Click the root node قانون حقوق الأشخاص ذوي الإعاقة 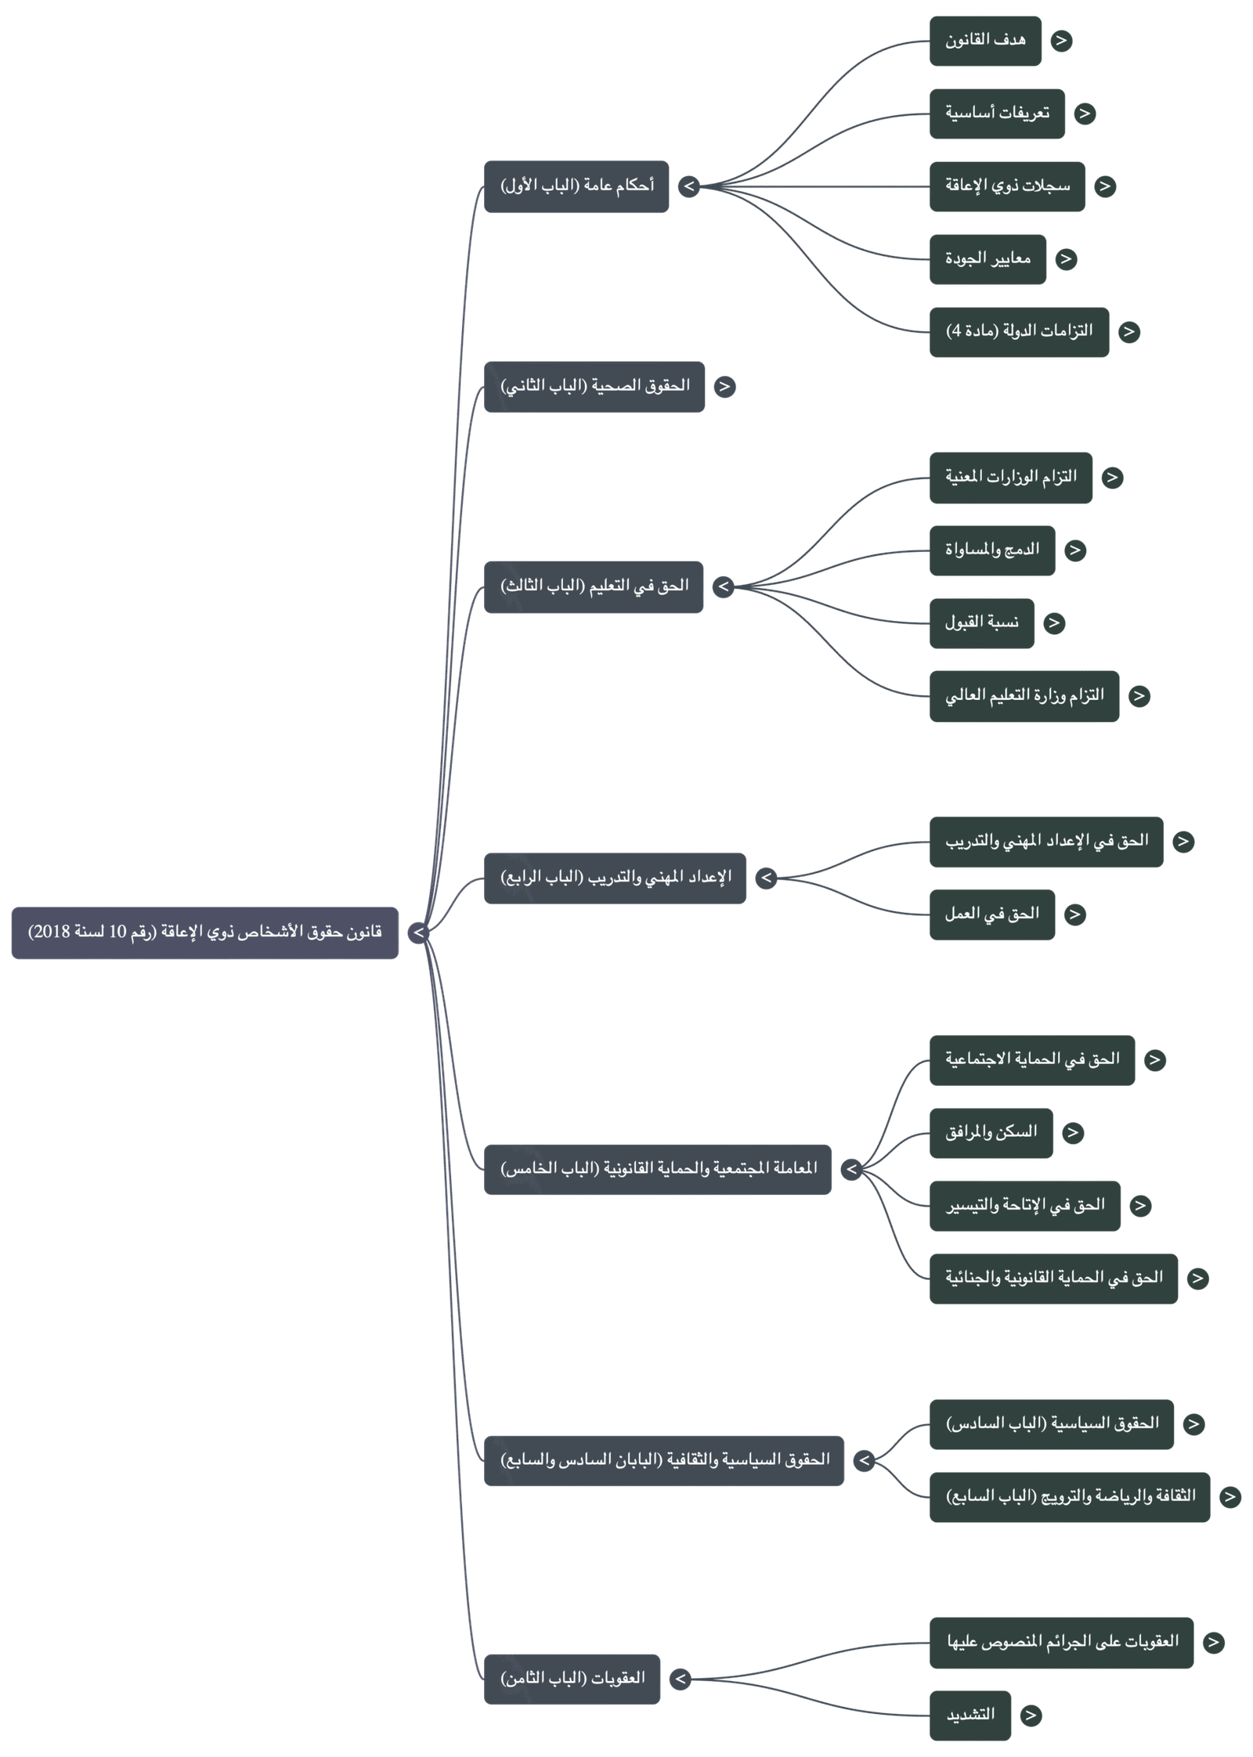point(205,933)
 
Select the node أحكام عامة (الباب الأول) point(576,186)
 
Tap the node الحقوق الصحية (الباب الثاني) point(594,387)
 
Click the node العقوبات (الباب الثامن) point(572,1679)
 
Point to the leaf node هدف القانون point(985,41)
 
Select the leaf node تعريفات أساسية point(997,114)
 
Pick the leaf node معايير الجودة point(988,259)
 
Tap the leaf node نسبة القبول point(982,623)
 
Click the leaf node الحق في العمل point(992,915)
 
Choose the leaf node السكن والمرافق point(991,1132)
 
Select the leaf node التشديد point(970,1716)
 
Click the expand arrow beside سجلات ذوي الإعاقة point(1104,186)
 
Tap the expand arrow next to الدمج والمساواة point(1075,550)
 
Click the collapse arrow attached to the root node point(418,933)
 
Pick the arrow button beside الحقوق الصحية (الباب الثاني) point(724,387)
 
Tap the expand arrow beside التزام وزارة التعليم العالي point(1139,696)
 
